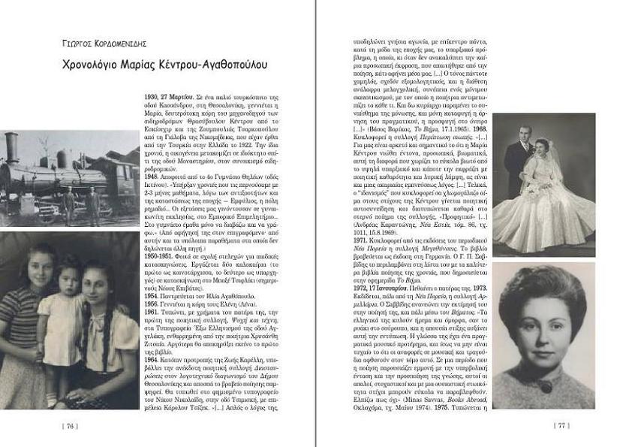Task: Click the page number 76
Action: click(x=71, y=425)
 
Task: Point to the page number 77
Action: click(x=561, y=425)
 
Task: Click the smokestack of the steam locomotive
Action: click(x=11, y=143)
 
